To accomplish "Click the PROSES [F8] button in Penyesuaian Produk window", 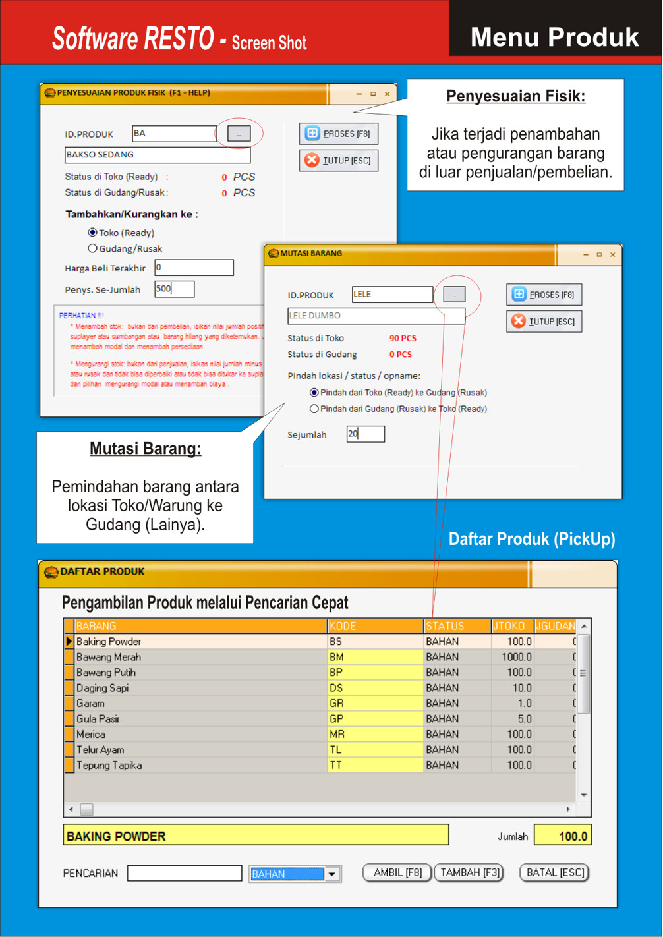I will tap(339, 134).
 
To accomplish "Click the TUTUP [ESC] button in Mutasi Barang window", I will tap(544, 322).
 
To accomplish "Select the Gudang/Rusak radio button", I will tap(93, 248).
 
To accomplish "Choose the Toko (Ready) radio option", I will tap(93, 233).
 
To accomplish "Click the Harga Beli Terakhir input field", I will tap(194, 268).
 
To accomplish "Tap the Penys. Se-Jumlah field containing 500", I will tap(174, 289).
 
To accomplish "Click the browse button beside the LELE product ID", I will tap(454, 295).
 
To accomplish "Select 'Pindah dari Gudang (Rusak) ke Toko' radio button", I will tap(314, 409).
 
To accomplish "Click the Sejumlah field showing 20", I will tap(365, 434).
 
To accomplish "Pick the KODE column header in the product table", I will tap(376, 626).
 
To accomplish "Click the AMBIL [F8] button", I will tap(397, 872).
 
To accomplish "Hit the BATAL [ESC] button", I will tap(555, 872).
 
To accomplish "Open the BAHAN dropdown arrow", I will tap(332, 874).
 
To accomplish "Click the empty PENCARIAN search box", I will tap(185, 873).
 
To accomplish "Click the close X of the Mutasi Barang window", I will tap(612, 254).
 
